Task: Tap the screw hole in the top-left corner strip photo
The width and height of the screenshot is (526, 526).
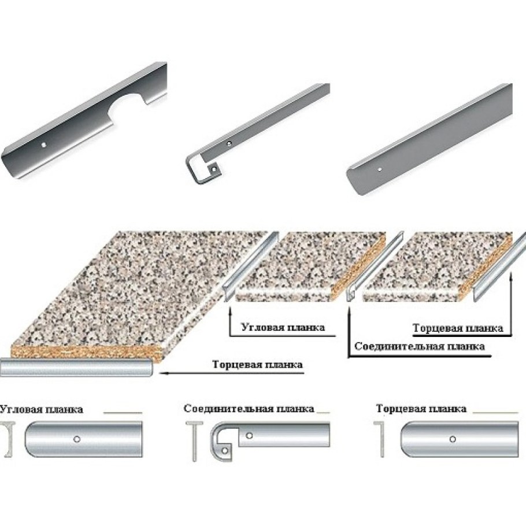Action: (43, 145)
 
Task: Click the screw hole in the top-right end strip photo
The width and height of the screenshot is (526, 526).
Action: (379, 169)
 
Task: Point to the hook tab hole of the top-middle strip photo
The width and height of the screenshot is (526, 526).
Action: (212, 169)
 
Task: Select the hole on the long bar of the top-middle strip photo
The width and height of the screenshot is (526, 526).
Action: (229, 143)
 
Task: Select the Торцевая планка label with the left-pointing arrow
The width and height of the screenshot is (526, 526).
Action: (257, 364)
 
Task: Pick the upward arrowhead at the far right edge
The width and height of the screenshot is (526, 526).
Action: (510, 277)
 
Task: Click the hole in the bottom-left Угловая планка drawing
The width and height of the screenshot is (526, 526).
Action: (76, 439)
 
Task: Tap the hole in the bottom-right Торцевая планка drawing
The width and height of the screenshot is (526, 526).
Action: (452, 439)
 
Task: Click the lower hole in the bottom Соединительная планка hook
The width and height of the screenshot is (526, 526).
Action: (225, 450)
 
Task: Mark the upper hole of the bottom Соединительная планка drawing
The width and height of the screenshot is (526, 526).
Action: (249, 436)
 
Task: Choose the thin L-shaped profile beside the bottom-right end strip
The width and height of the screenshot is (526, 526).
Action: (381, 439)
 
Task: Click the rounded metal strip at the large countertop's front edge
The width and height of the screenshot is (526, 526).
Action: (76, 368)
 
